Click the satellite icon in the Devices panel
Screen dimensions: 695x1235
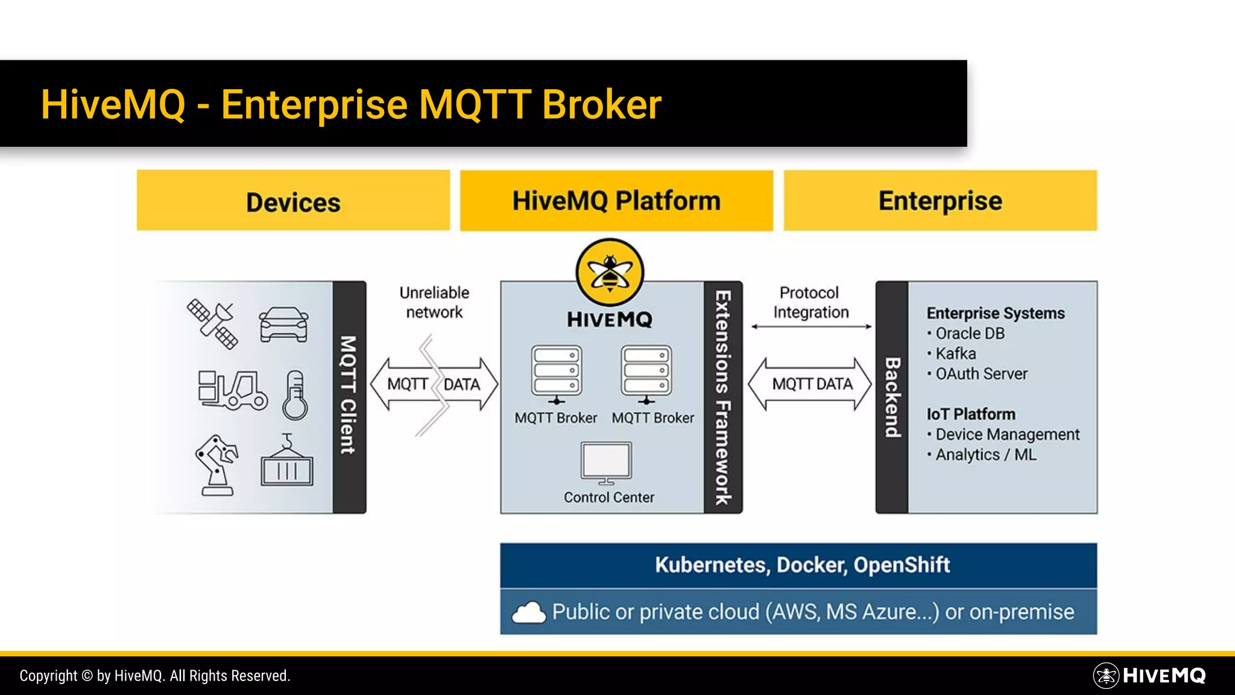[x=212, y=324]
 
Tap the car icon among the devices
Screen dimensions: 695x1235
[x=283, y=325]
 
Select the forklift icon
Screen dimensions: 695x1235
[x=233, y=390]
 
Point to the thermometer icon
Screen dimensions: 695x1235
[x=295, y=395]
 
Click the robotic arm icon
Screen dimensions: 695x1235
[x=216, y=465]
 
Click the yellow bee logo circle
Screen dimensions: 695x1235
[x=610, y=273]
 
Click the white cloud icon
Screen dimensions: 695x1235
[x=528, y=612]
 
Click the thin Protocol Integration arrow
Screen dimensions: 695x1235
[x=811, y=327]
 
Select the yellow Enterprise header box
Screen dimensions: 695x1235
[x=940, y=200]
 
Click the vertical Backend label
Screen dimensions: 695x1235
[x=892, y=398]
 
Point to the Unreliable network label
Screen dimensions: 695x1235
[x=434, y=302]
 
